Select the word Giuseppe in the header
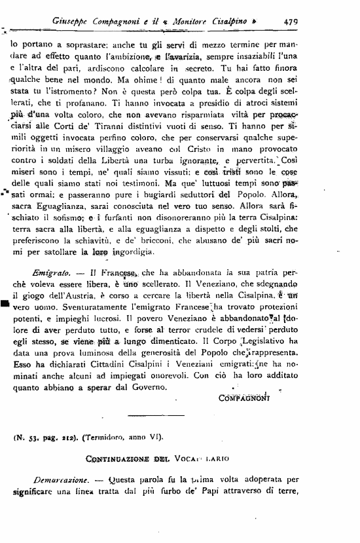pyautogui.click(x=70, y=21)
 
